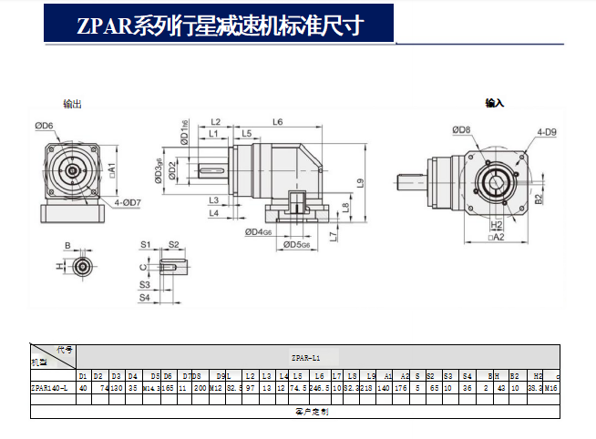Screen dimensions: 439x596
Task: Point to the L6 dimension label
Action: (277, 121)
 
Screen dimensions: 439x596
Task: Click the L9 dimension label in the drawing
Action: (361, 182)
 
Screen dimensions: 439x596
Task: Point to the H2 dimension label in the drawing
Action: (497, 223)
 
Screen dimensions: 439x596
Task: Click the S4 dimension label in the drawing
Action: (145, 298)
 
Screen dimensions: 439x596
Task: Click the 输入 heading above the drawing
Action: (495, 104)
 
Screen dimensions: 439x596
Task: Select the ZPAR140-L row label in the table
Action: (52, 388)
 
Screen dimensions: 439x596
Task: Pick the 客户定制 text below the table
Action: (292, 412)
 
